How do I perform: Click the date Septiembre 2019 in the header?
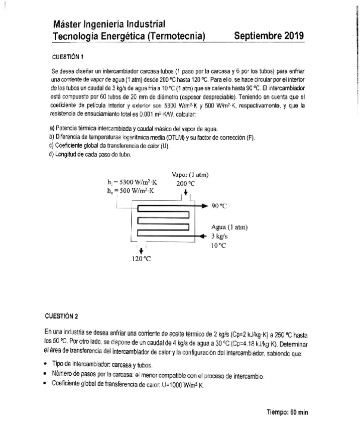coord(269,36)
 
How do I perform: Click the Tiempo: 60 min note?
coord(287,412)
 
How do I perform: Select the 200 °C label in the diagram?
coord(185,183)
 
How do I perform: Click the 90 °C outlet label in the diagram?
coord(219,206)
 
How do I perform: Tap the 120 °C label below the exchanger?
coord(142,259)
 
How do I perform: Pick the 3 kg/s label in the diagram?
coord(219,236)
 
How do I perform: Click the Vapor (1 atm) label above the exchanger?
coord(190,174)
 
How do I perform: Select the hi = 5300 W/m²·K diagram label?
coord(132,182)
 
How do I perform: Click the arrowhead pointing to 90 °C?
coord(204,206)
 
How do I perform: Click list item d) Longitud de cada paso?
coord(90,154)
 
